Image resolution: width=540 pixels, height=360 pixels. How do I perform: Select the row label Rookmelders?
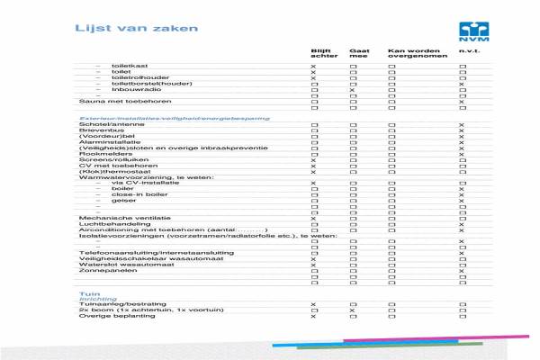100,154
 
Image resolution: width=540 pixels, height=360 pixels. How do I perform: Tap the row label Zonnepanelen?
101,271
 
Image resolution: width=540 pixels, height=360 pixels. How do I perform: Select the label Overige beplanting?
111,317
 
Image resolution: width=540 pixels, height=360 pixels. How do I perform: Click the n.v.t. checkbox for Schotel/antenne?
462,125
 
